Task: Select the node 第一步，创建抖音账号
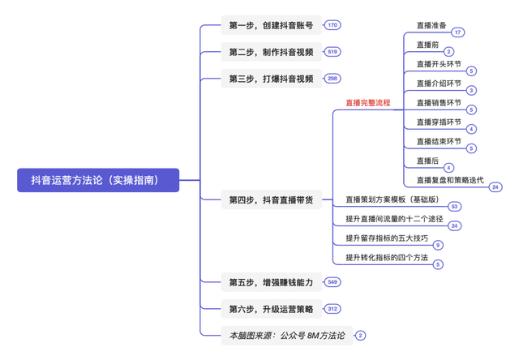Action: pos(271,26)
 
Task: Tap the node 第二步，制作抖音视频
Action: pos(271,53)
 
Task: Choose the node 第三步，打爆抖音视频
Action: pos(271,79)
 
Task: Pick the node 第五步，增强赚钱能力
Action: pos(271,283)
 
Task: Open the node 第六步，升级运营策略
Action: pos(271,309)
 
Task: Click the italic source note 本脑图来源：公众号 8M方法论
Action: pos(287,335)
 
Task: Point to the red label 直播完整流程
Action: pos(367,103)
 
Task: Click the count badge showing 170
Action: pos(332,26)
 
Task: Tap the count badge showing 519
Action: pos(332,53)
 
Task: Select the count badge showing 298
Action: pos(332,79)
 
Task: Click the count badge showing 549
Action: pos(332,283)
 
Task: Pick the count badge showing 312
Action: pos(332,309)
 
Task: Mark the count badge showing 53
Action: pos(455,206)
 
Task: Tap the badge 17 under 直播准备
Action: pos(458,32)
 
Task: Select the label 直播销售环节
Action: pos(438,103)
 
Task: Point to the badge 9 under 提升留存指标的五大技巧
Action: pos(438,245)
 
